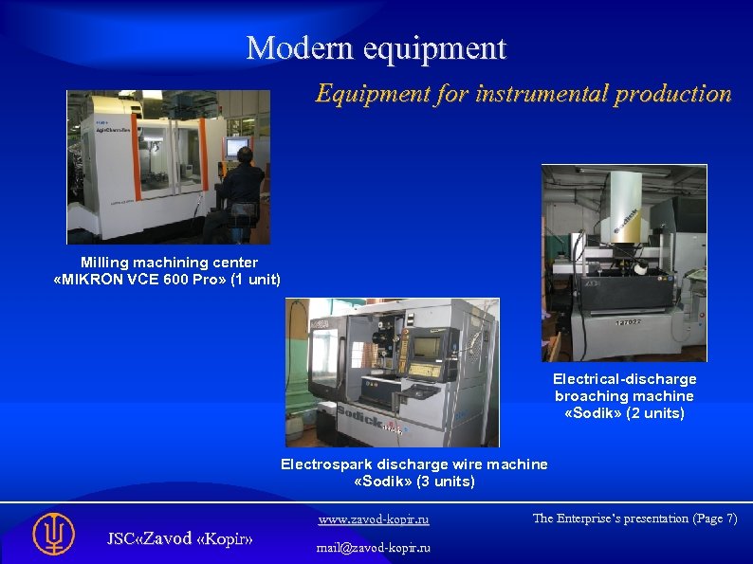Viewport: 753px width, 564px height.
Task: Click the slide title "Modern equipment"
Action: tap(376, 47)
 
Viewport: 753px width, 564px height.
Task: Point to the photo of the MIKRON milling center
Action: tap(168, 167)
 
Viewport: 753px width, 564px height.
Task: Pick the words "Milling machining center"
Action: tap(169, 262)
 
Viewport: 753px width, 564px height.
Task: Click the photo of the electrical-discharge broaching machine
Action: tap(624, 263)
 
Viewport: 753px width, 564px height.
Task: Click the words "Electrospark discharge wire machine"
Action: tap(413, 464)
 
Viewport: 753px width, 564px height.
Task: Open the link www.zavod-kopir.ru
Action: tap(373, 519)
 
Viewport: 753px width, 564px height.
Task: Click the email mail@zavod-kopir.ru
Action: tap(373, 548)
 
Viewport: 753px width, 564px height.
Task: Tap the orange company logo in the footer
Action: tap(53, 534)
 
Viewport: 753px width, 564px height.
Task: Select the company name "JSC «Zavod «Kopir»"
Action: tap(179, 538)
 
